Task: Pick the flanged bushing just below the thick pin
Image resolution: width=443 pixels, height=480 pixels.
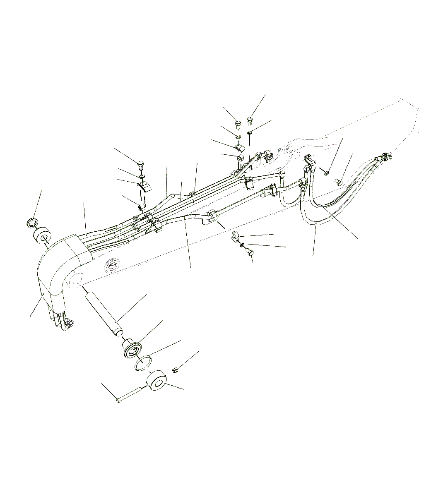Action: pos(131,347)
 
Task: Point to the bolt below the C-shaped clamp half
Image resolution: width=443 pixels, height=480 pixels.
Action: pos(247,250)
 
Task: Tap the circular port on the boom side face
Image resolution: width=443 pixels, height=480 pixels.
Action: pos(113,266)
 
